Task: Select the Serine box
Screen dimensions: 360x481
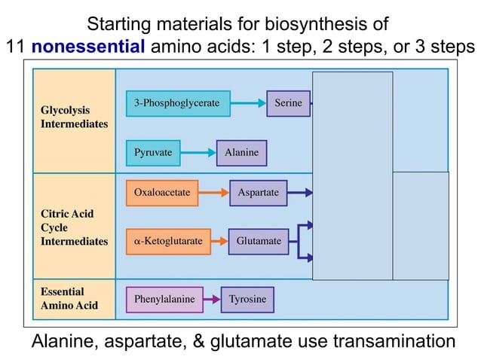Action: coord(288,103)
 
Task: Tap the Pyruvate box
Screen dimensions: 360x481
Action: coord(153,153)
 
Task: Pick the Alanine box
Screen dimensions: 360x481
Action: coord(241,153)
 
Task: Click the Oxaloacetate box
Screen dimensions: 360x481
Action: coord(162,193)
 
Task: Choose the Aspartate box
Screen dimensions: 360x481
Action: coord(258,193)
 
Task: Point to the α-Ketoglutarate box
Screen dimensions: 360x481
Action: coord(168,241)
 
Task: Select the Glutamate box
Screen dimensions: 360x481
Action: coord(258,241)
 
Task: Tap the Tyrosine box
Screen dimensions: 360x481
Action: coord(248,300)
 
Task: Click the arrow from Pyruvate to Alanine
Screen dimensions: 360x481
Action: coord(198,153)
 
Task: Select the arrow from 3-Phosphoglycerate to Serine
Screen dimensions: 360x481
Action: coord(247,103)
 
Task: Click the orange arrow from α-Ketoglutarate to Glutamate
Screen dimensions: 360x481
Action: coord(219,241)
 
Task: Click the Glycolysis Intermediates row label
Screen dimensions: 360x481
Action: coord(74,117)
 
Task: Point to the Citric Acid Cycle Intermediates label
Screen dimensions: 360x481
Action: coord(74,227)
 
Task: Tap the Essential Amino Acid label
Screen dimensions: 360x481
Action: coord(69,299)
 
